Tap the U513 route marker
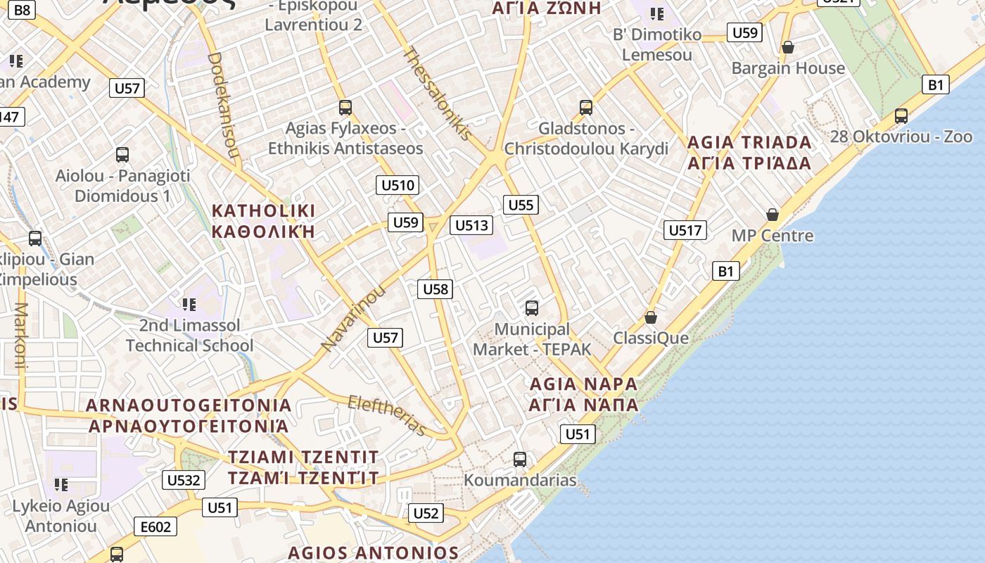point(471,225)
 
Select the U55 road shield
point(521,205)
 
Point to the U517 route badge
point(685,229)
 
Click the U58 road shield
point(435,289)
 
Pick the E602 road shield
point(155,526)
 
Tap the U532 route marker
point(184,481)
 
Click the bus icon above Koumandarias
point(520,460)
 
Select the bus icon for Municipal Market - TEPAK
point(532,308)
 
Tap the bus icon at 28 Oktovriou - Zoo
point(901,116)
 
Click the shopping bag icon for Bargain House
point(788,48)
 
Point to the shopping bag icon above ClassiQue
point(651,317)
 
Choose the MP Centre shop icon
point(773,215)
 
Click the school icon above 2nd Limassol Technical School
point(189,305)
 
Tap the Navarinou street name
point(354,318)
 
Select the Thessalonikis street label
point(436,94)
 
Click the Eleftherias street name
point(388,415)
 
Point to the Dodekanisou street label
point(224,106)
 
